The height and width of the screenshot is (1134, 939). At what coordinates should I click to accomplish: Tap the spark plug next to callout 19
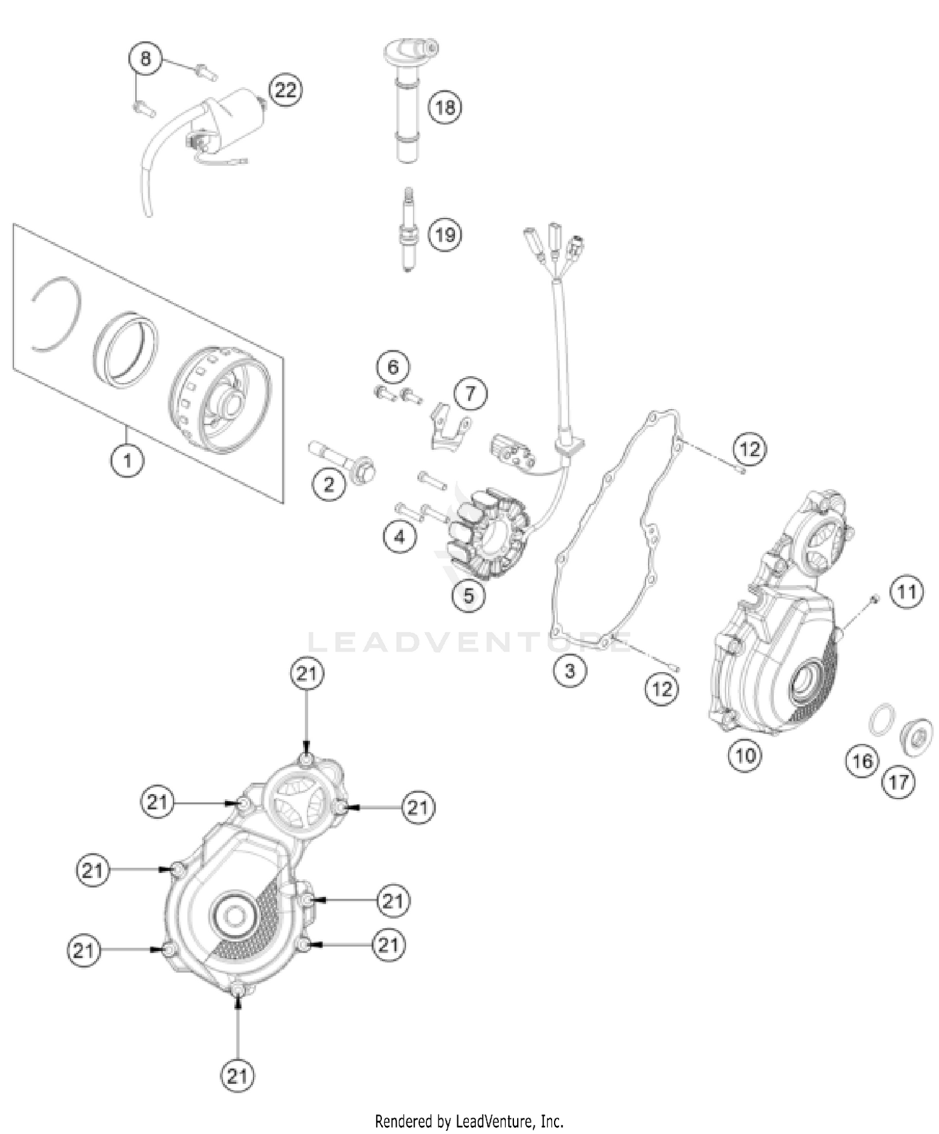(x=408, y=233)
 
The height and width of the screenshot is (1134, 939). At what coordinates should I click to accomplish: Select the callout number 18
(x=445, y=107)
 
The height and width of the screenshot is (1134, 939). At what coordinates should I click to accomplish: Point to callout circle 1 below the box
(x=128, y=461)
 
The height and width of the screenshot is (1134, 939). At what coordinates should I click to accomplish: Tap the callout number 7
(x=470, y=393)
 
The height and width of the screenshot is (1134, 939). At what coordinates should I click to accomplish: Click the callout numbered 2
(x=329, y=484)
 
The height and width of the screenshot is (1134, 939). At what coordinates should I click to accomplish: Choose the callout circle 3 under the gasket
(x=569, y=672)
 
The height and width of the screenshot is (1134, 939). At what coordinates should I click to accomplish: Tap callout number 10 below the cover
(x=745, y=755)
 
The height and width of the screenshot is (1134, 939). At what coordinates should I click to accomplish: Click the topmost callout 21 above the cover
(x=307, y=674)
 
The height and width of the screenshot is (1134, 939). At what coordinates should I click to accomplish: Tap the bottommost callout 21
(x=237, y=1076)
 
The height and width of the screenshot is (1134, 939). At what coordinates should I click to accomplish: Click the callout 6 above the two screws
(x=393, y=366)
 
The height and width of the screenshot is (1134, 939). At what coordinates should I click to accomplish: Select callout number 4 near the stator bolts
(x=400, y=536)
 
